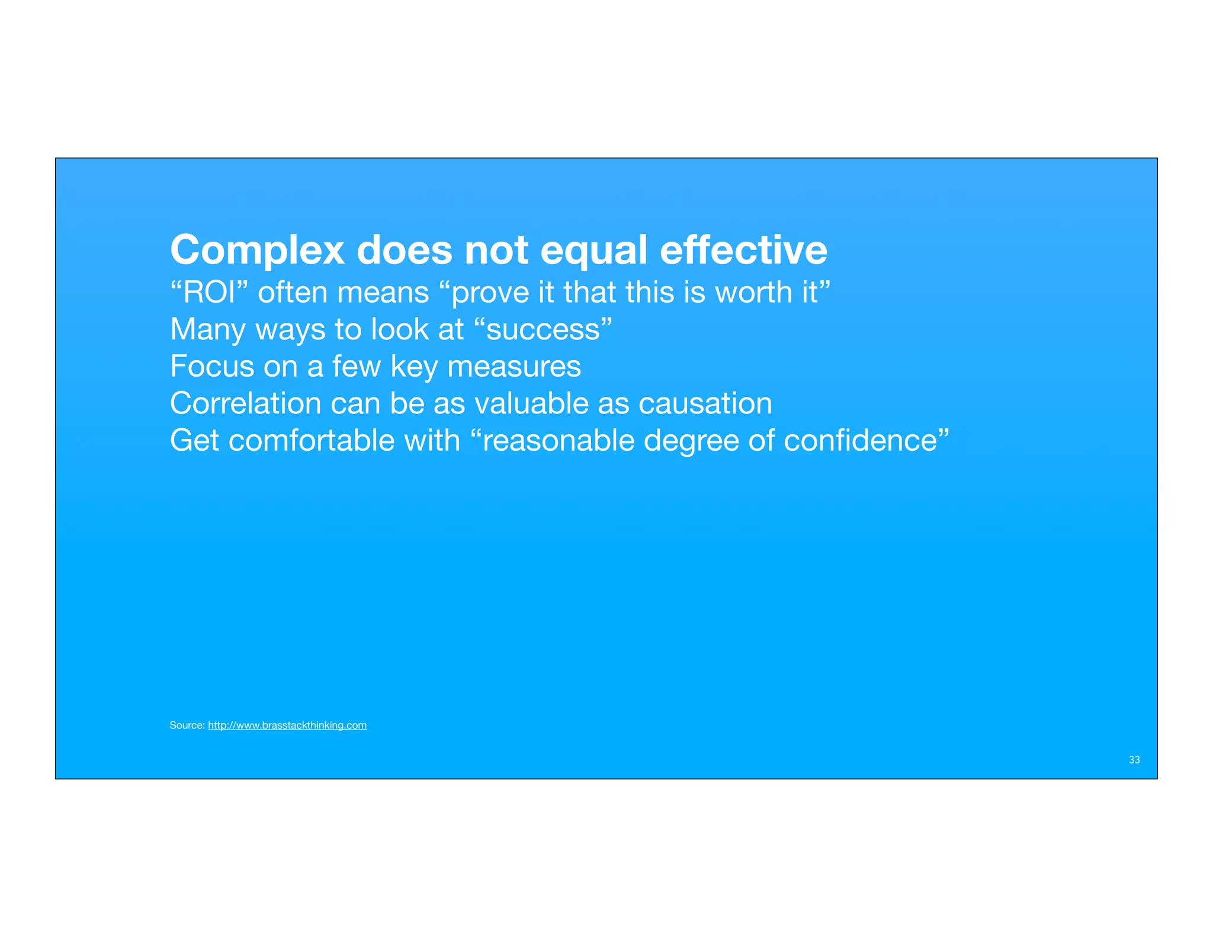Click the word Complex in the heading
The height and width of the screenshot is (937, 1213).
pyautogui.click(x=257, y=251)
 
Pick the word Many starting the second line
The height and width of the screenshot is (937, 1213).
pyautogui.click(x=207, y=330)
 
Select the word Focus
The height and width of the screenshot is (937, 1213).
pyautogui.click(x=212, y=366)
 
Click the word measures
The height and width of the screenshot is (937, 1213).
pyautogui.click(x=514, y=367)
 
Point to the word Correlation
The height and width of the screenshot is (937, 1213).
pyautogui.click(x=245, y=403)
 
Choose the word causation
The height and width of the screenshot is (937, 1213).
pyautogui.click(x=705, y=403)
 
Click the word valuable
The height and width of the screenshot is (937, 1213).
pyautogui.click(x=531, y=403)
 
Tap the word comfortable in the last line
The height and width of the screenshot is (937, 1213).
pyautogui.click(x=312, y=441)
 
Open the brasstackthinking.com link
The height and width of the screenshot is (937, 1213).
pyautogui.click(x=287, y=726)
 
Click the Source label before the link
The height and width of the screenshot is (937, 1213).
pyautogui.click(x=187, y=726)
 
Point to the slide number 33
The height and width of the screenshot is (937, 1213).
pyautogui.click(x=1134, y=760)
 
